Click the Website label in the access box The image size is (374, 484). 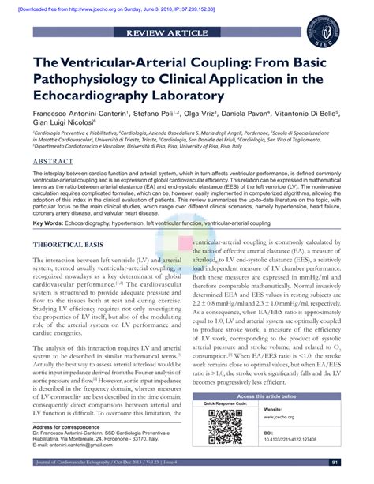click(274, 411)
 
